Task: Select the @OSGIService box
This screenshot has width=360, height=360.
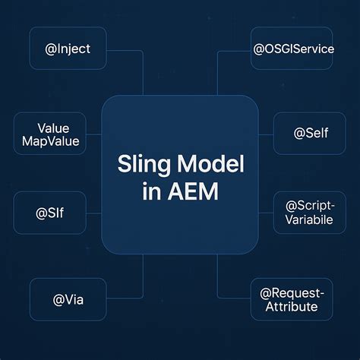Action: tap(292, 49)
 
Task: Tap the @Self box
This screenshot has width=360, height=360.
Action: tap(309, 133)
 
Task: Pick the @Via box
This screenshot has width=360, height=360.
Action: tap(68, 299)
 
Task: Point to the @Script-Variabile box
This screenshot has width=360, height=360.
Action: tap(309, 212)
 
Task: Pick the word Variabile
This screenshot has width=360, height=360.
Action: tap(309, 220)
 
